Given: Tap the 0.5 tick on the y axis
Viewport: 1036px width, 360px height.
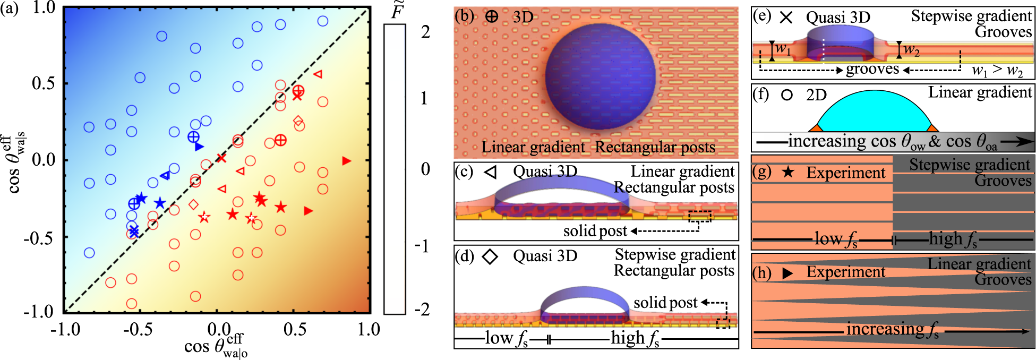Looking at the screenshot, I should click(44, 84).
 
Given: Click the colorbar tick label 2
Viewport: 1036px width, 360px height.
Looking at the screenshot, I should click(425, 32).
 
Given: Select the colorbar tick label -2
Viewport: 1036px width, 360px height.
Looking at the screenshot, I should click(422, 309).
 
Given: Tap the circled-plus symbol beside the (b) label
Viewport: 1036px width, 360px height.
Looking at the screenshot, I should click(492, 16).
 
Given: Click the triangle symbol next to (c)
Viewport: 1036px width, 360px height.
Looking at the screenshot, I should click(490, 172).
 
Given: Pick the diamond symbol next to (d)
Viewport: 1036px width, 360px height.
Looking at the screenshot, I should click(490, 257).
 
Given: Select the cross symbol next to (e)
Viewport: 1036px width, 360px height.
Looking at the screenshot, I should click(786, 18).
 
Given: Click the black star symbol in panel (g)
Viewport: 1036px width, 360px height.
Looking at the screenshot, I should click(789, 173).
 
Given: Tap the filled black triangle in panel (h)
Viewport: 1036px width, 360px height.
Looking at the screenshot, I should click(788, 273).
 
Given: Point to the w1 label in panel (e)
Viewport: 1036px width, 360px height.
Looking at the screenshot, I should click(783, 49).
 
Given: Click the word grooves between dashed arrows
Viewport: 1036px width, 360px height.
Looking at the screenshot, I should click(872, 69).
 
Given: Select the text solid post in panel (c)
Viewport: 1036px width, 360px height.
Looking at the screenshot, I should click(595, 231).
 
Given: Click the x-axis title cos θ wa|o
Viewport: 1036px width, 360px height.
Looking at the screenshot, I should click(215, 346).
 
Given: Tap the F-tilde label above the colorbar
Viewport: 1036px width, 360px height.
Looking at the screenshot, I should click(397, 11).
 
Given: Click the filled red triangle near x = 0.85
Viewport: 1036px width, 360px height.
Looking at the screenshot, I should click(347, 161).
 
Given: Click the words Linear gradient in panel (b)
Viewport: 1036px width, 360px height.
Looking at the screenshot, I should click(533, 147).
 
